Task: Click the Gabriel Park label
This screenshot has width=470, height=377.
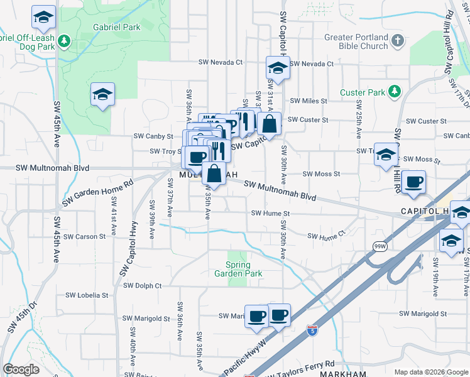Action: click(116, 28)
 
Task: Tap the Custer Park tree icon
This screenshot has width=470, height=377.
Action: click(395, 92)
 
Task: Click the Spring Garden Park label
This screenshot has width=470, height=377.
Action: click(238, 269)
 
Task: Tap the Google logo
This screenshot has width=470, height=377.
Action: click(21, 369)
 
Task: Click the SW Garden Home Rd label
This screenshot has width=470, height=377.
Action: click(98, 194)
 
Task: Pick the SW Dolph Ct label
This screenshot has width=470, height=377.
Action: click(142, 285)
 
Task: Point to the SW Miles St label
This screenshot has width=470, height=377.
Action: click(308, 101)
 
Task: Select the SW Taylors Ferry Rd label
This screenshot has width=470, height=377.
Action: click(301, 368)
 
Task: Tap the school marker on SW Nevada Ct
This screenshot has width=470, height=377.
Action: click(277, 67)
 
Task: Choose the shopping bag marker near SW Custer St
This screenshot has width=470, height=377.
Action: click(269, 124)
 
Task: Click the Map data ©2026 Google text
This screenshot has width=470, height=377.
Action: click(430, 372)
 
